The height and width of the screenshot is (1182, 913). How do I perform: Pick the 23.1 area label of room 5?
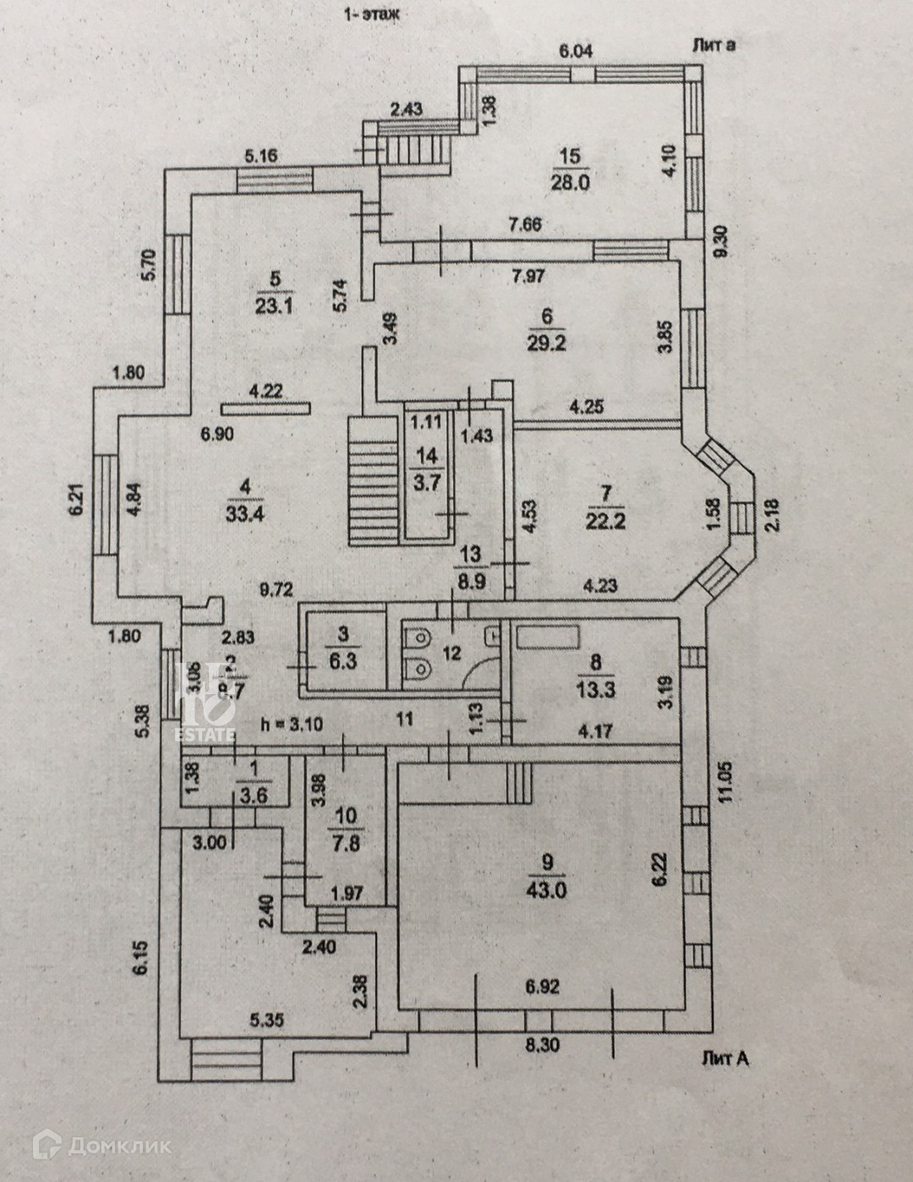[272, 306]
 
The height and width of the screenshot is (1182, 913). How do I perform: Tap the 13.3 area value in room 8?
[597, 689]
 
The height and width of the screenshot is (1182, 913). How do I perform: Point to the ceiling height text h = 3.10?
[292, 725]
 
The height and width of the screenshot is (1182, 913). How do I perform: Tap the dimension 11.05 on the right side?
[731, 785]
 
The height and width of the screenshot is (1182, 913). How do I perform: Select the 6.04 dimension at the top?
[576, 51]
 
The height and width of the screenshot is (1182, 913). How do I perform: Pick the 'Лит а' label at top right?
[713, 45]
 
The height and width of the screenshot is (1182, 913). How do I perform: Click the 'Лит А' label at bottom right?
[724, 1058]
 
